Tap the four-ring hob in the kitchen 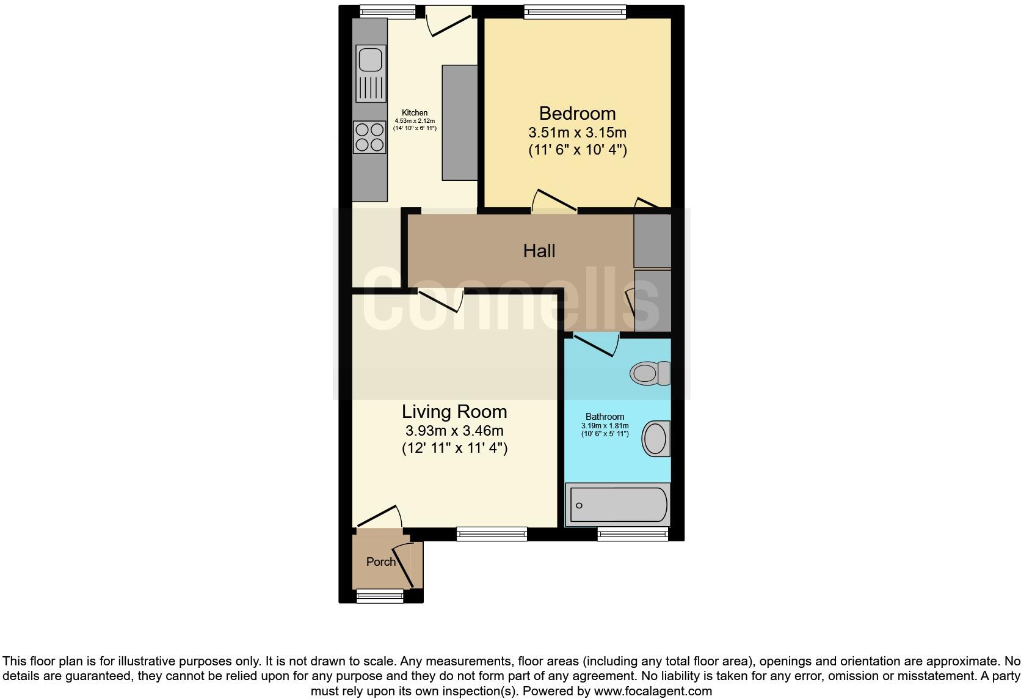pos(370,137)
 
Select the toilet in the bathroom pos(650,373)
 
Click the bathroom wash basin pos(655,439)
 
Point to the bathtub pos(618,505)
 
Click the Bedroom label pos(577,114)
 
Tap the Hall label pos(539,251)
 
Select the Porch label pos(381,562)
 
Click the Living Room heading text pos(454,411)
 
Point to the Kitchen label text pos(415,112)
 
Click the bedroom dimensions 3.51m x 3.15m pos(577,133)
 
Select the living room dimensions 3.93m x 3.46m pos(454,431)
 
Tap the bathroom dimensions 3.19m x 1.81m pos(605,426)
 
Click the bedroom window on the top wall pos(575,11)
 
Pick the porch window pos(380,596)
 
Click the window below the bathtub pos(633,535)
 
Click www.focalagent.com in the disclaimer pos(652,691)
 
